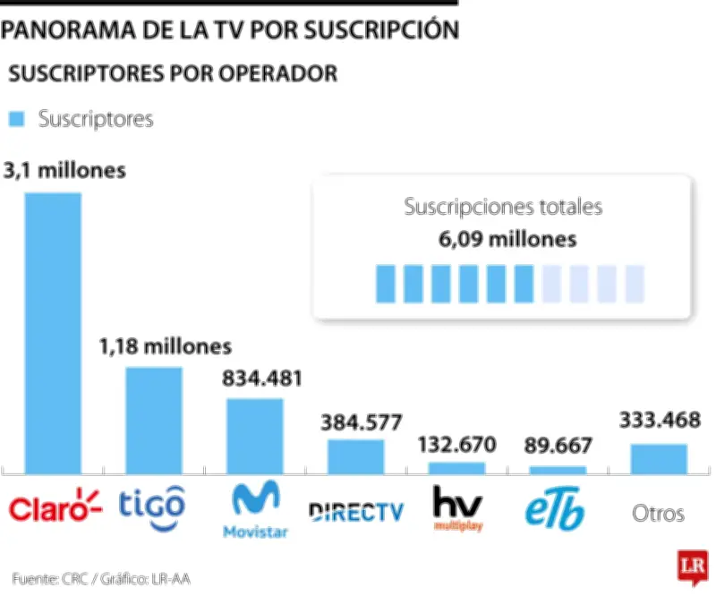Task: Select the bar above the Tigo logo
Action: [154, 420]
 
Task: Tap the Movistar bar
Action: [255, 435]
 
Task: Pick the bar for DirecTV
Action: [355, 456]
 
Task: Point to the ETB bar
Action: [558, 469]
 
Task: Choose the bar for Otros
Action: [659, 458]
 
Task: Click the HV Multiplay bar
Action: [456, 467]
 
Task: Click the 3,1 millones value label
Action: [64, 171]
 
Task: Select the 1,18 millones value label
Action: [165, 345]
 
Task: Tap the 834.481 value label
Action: [261, 378]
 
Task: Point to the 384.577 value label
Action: [362, 421]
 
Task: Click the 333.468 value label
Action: [660, 421]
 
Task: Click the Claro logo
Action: [55, 507]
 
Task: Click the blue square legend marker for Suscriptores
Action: [16, 119]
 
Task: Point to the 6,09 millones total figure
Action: [503, 240]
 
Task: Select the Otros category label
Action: [658, 514]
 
